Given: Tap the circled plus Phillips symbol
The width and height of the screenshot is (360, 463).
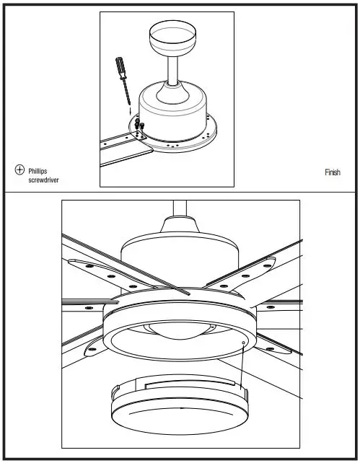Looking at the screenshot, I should [19, 170].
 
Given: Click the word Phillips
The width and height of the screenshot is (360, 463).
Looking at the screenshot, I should [38, 171].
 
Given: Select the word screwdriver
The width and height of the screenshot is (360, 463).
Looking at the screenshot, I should [43, 180].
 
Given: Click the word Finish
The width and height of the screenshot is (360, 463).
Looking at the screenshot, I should [333, 172].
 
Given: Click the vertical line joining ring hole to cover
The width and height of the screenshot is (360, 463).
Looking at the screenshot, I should [245, 368].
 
